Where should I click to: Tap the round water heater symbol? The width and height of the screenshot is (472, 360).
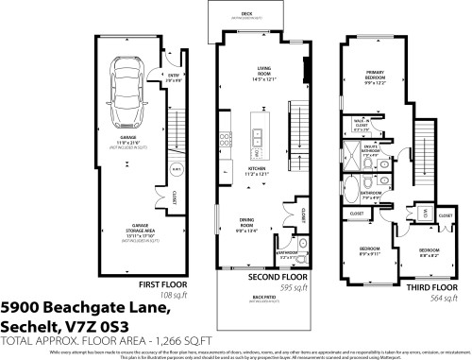pos(176,170)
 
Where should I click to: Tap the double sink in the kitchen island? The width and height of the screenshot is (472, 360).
pos(257,149)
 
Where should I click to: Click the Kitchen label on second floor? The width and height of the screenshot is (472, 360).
pos(259,173)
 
